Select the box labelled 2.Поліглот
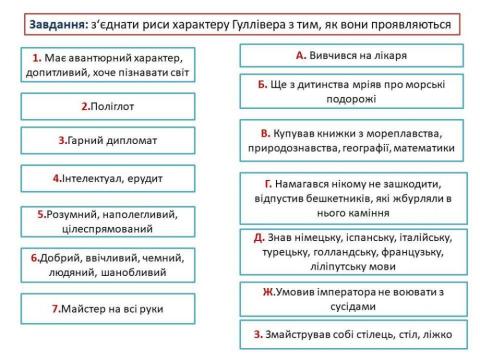pos(107,104)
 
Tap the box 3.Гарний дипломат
pos(107,141)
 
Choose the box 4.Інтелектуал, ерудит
pos(107,178)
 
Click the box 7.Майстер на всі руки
pos(107,309)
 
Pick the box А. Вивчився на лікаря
pos(351,55)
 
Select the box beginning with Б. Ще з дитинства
pos(351,92)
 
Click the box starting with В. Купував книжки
pos(351,140)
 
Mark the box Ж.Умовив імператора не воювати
pos(351,299)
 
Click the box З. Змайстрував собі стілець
pos(351,334)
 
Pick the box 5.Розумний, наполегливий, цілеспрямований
pos(107,221)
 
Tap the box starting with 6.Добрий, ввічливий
pos(107,264)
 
